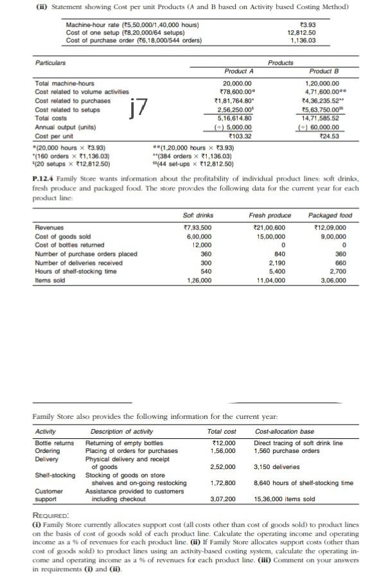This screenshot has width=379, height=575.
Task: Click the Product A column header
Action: point(237,71)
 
